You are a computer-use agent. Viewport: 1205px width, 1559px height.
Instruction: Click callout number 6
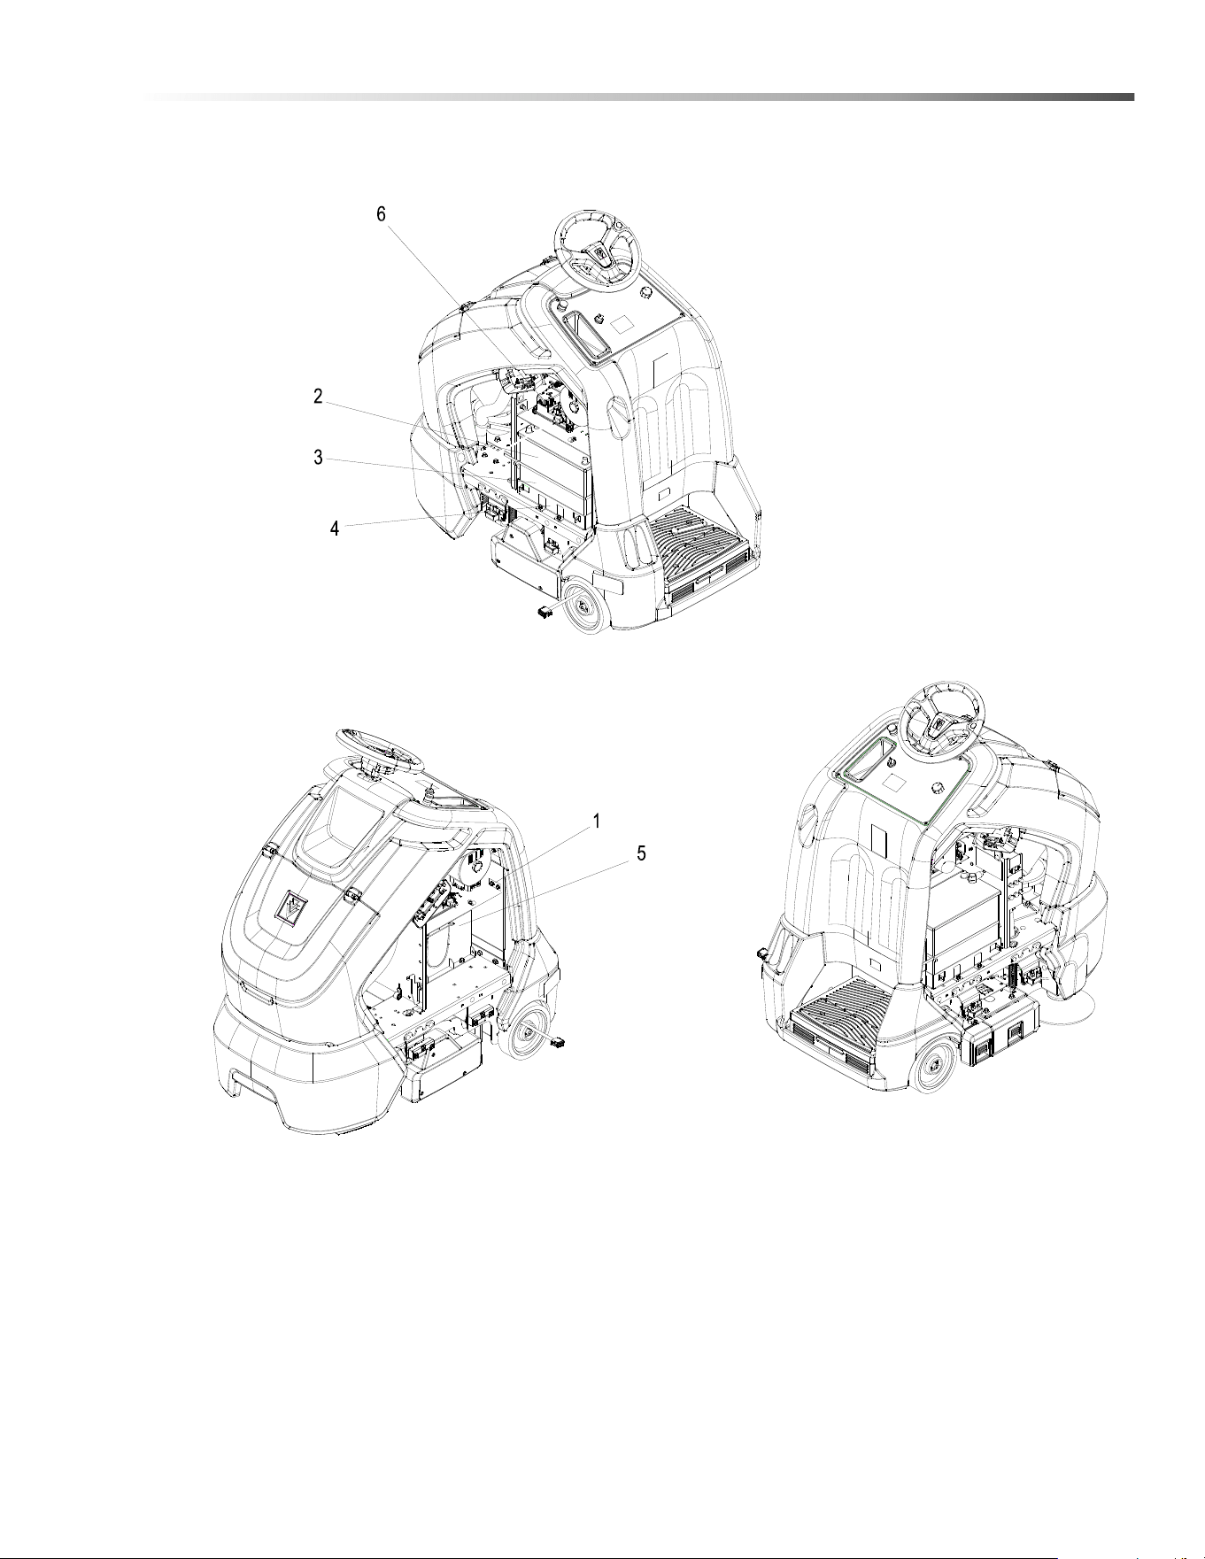(382, 215)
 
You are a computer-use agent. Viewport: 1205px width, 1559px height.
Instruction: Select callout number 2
(318, 397)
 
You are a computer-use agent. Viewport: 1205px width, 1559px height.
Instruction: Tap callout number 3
(318, 458)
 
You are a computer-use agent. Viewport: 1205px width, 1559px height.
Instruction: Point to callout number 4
(334, 529)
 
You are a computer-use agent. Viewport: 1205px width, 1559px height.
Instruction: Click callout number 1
(598, 822)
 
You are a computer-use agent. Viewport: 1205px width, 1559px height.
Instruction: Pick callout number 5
(642, 853)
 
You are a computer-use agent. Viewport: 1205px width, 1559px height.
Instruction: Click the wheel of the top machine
(585, 606)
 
